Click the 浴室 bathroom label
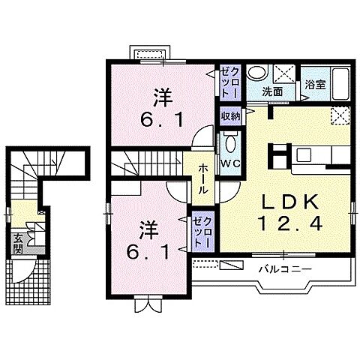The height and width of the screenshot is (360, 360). [x=315, y=85]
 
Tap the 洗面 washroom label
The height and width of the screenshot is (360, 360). [x=272, y=92]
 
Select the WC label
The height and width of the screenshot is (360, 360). [x=230, y=163]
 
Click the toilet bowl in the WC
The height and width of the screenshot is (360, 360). [x=229, y=144]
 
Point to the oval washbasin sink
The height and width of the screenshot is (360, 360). [x=256, y=72]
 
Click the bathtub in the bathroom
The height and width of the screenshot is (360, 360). [x=340, y=83]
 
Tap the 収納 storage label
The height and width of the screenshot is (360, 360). [x=230, y=116]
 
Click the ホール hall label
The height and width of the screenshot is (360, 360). [x=203, y=179]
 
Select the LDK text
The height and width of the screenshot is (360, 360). [x=290, y=202]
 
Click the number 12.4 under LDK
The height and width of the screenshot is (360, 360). [x=290, y=223]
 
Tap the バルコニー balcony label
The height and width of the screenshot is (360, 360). [x=285, y=269]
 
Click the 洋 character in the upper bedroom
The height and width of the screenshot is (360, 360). [x=163, y=99]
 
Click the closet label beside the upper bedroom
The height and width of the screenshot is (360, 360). [x=230, y=82]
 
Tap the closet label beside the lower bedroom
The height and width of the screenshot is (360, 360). [x=202, y=232]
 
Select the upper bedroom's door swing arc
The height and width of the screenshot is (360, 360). [x=201, y=135]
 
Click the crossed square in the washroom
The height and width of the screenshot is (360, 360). [x=284, y=73]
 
